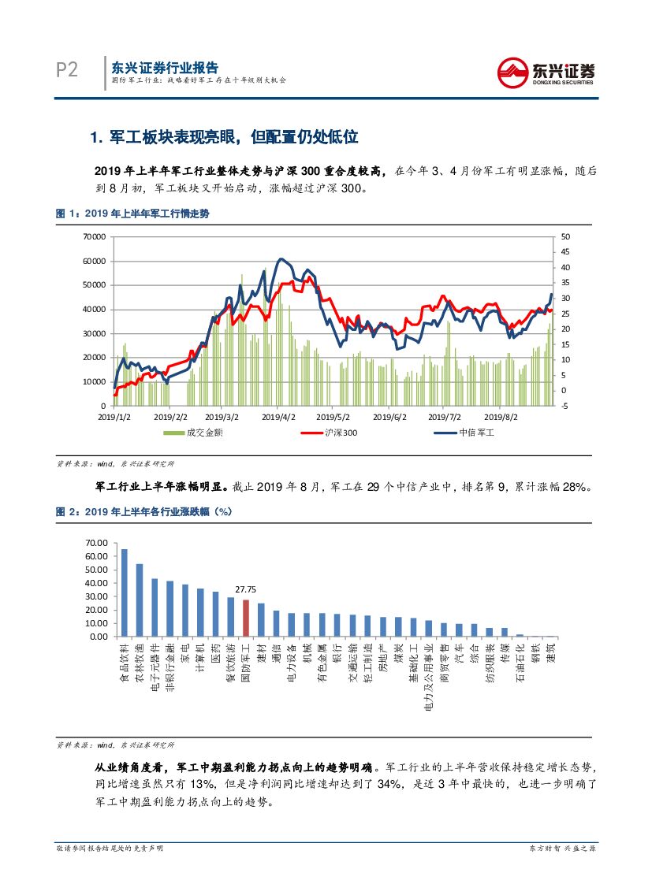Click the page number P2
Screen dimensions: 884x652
click(x=67, y=71)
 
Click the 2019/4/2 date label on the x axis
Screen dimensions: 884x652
click(x=278, y=417)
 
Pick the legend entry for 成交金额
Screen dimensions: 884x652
click(x=192, y=433)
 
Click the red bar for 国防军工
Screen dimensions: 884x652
click(x=246, y=618)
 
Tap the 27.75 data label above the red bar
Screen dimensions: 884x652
click(x=246, y=589)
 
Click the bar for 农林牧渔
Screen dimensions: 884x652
click(x=140, y=600)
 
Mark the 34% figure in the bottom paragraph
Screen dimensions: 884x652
click(x=389, y=785)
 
